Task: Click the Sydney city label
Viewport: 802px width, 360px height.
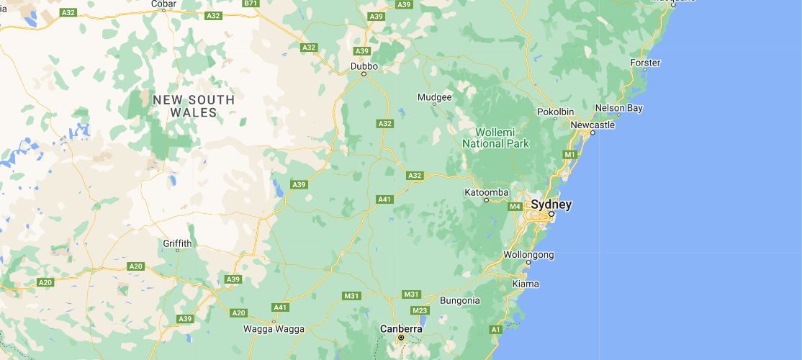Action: [x=552, y=204]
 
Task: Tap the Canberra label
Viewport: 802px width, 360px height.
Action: [x=400, y=328]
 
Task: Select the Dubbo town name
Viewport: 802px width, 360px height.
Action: [x=364, y=66]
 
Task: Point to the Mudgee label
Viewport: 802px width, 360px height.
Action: [x=435, y=97]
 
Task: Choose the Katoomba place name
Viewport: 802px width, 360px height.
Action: [x=487, y=192]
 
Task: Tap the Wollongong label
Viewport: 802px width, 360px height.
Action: [x=528, y=255]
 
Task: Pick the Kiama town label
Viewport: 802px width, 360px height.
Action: [x=525, y=284]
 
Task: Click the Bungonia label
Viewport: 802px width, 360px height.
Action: [x=459, y=300]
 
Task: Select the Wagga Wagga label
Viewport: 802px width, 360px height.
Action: [x=274, y=329]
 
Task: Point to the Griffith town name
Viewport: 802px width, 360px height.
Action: [x=177, y=243]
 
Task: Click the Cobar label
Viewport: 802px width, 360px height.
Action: [x=163, y=4]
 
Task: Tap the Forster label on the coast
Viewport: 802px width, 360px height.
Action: [x=645, y=63]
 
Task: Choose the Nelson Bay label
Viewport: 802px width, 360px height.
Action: [x=618, y=108]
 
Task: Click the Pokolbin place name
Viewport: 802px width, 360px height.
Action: [x=556, y=112]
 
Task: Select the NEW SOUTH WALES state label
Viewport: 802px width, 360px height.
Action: [x=194, y=106]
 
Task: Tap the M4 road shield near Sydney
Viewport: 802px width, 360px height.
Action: [x=515, y=207]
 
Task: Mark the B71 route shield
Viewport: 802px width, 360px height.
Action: [x=251, y=4]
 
